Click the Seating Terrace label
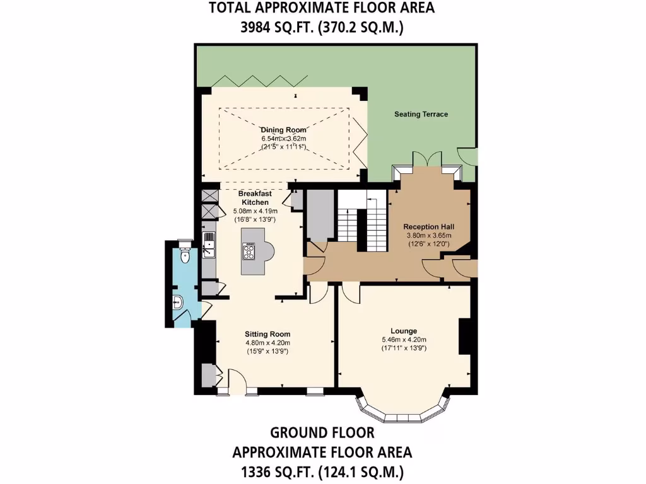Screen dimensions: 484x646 pos(421,114)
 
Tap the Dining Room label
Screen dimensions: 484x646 pos(283,130)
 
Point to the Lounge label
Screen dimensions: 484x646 pos(404,331)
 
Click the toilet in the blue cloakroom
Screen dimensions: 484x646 pos(184,255)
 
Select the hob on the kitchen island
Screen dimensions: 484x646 pos(249,251)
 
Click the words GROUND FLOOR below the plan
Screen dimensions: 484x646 pos(322,433)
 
